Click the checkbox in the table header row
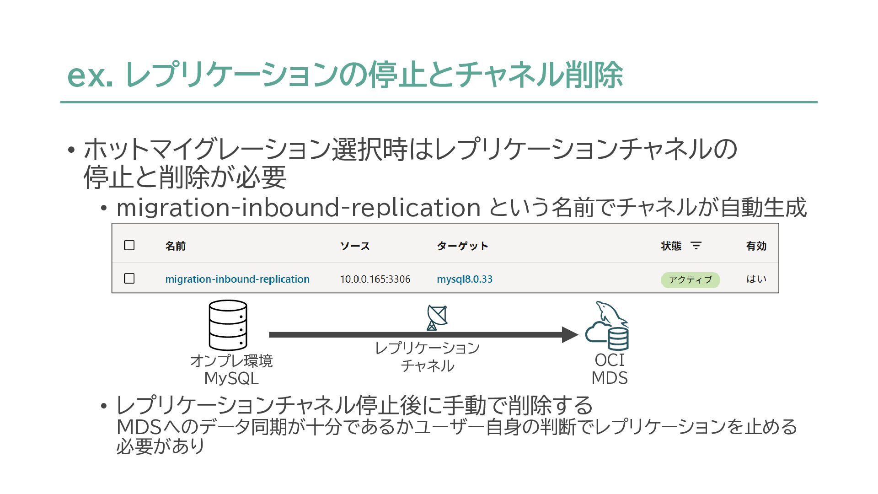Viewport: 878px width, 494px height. [x=129, y=245]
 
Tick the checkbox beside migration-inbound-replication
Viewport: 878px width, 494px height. [x=129, y=278]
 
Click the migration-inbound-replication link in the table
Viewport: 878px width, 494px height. [x=237, y=279]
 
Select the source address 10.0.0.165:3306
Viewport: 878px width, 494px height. [x=375, y=279]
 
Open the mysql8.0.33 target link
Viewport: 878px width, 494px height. [x=464, y=279]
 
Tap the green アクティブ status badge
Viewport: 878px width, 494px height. [x=690, y=279]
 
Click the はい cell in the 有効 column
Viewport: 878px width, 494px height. [x=756, y=279]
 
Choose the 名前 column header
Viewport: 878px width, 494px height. [x=175, y=246]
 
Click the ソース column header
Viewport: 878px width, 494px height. [x=354, y=246]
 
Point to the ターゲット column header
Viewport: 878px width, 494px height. [x=462, y=246]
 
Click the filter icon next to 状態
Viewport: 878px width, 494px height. [x=696, y=246]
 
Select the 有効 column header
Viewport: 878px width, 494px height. [x=756, y=246]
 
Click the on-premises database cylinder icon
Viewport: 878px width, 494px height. [x=228, y=325]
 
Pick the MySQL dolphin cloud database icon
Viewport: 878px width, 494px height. [x=608, y=326]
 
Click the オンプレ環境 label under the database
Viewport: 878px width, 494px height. [x=231, y=361]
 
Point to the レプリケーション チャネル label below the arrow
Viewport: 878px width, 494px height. [x=427, y=357]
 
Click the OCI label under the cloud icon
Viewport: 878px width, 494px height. [x=609, y=360]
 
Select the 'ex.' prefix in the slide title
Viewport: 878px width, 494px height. [x=90, y=75]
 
